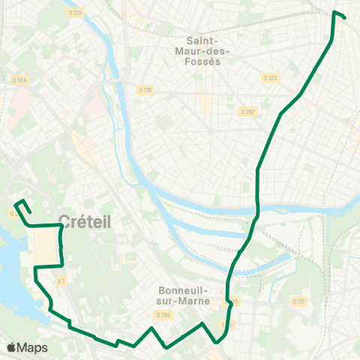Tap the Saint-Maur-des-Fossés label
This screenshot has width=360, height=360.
208,51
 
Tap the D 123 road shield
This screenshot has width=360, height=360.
270,77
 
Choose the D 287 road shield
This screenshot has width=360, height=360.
248,111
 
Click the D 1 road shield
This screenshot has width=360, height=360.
62,280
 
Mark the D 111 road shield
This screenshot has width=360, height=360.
299,301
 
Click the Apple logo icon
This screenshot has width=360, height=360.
12,347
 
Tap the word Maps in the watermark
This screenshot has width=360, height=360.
32,347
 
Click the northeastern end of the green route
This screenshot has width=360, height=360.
344,16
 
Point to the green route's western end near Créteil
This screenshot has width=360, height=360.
16,203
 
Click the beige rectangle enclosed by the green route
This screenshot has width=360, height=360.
46,246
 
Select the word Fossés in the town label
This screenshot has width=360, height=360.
208,61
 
